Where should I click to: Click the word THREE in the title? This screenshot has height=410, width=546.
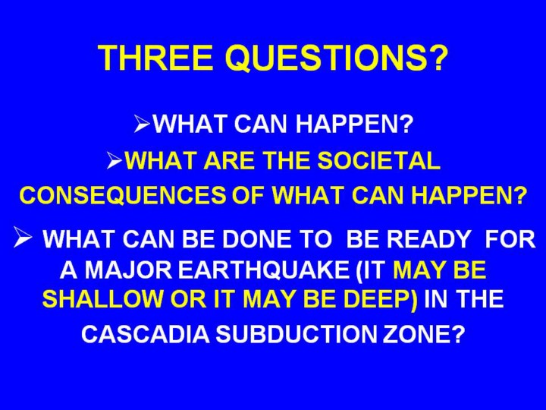tap(155, 58)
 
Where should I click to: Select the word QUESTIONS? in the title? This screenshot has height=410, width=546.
tap(337, 58)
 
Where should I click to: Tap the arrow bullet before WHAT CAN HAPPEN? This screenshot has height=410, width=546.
tap(142, 124)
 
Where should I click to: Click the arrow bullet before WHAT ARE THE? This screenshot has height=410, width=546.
tap(115, 162)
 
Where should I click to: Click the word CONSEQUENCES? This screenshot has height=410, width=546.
tap(123, 196)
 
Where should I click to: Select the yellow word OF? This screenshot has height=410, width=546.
tap(249, 196)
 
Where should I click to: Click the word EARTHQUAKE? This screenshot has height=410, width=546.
tap(263, 270)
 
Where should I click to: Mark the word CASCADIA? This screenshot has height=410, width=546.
tap(146, 334)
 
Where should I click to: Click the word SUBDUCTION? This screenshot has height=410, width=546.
tap(296, 334)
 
